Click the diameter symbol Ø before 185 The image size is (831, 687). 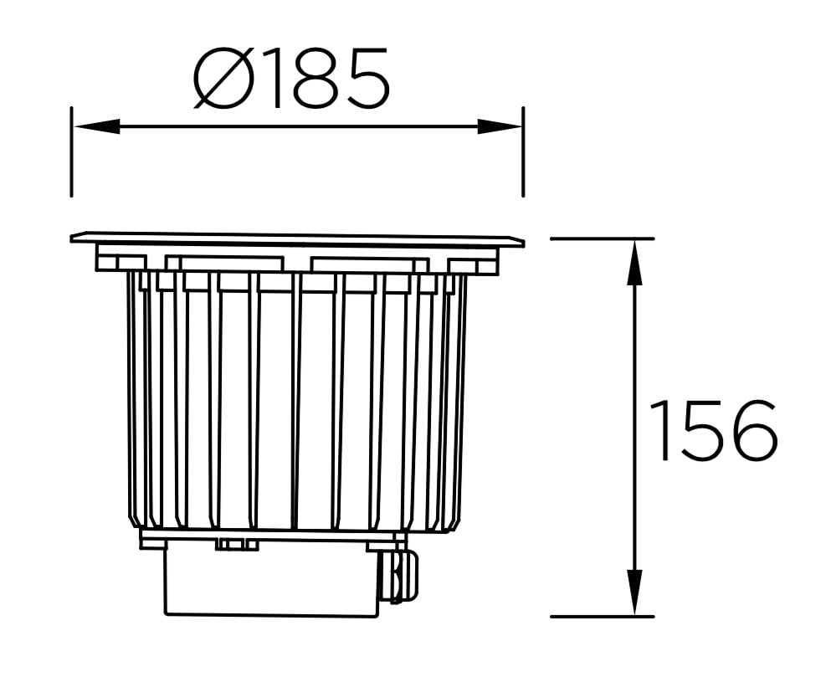coord(222,79)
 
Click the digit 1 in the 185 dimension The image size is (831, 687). coord(266,79)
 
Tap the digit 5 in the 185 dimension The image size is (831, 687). coord(363,79)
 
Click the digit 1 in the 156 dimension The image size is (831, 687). coord(661,431)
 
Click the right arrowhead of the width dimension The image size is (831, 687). coord(500,126)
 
